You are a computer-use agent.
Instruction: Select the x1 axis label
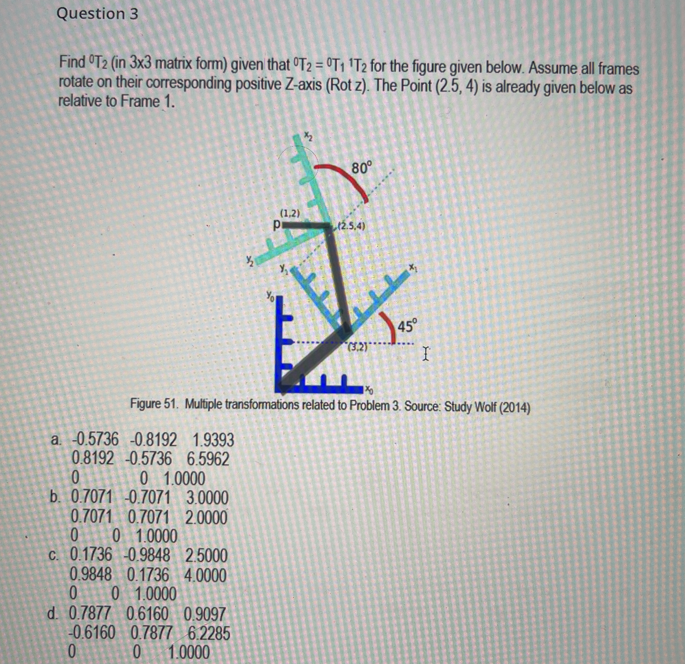click(x=413, y=267)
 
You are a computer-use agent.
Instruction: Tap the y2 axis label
click(x=249, y=259)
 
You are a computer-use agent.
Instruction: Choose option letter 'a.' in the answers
click(x=56, y=440)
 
